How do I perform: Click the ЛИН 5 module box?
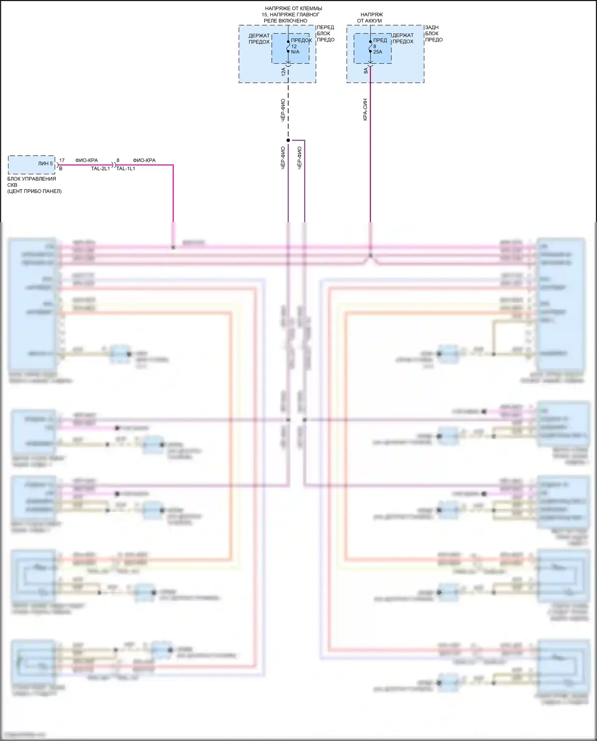point(31,164)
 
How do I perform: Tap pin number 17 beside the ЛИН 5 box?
point(62,160)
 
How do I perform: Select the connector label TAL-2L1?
point(100,168)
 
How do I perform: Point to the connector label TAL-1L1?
point(126,168)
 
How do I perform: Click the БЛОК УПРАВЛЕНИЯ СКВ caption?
point(31,179)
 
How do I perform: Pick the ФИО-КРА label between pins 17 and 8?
point(86,160)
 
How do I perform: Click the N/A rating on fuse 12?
point(295,52)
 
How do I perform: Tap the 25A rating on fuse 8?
point(377,52)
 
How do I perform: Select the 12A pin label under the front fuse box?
point(283,72)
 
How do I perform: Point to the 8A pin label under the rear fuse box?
point(366,71)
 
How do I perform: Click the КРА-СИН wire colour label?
point(365,109)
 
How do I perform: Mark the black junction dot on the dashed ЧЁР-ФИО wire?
point(288,140)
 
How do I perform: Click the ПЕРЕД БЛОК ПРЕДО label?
point(326,33)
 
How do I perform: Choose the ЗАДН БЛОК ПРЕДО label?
point(433,33)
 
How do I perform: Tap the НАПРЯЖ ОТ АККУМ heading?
point(370,18)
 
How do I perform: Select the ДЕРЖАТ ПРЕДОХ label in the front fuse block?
point(259,39)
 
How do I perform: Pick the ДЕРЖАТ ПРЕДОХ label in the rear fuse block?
point(403,38)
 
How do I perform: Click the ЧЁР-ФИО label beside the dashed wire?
point(283,110)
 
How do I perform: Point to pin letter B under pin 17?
point(61,168)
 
